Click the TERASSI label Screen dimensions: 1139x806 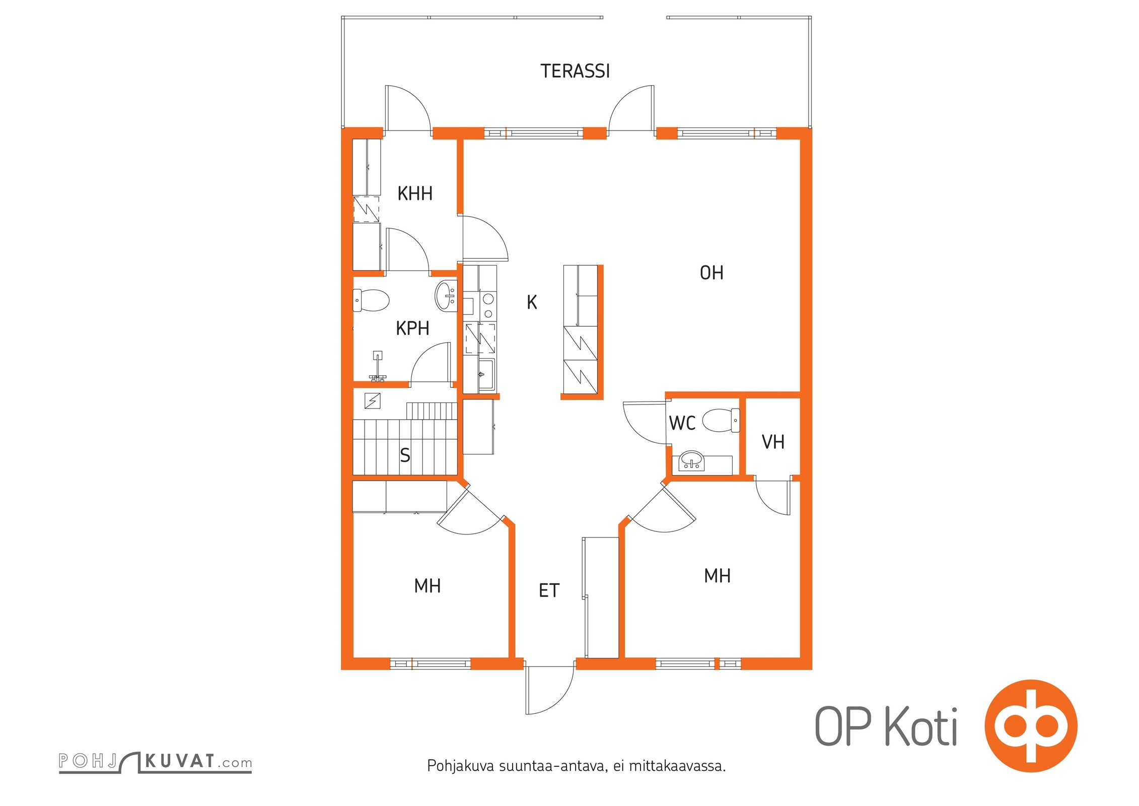coord(575,71)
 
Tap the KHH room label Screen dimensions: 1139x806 coord(415,193)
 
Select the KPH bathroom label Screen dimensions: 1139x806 coord(412,328)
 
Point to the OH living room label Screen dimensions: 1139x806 coord(711,273)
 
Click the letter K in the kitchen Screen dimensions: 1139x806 coord(532,302)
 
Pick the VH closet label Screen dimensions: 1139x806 coord(773,442)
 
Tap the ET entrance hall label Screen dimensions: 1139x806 coord(549,590)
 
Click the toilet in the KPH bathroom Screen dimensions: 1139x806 coord(372,300)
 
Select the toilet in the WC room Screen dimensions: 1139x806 coord(721,420)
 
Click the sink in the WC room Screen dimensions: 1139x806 coord(692,461)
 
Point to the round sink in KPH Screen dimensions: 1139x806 coord(445,296)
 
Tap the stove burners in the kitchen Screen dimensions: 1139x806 coord(487,306)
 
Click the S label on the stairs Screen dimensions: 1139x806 coord(405,455)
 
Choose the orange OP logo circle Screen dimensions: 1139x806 coord(1031,725)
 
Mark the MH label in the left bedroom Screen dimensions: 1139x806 coord(428,586)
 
